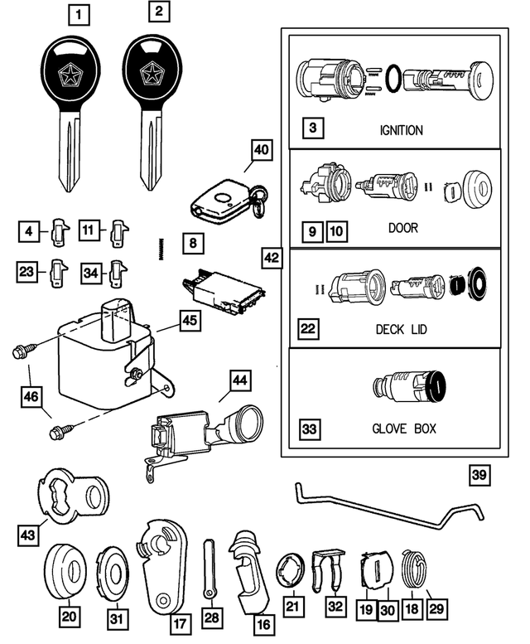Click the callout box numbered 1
(x=76, y=14)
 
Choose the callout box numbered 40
(x=261, y=150)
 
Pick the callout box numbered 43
(x=27, y=536)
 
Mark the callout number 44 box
(x=238, y=380)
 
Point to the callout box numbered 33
(x=310, y=429)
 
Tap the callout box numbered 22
(x=309, y=330)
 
